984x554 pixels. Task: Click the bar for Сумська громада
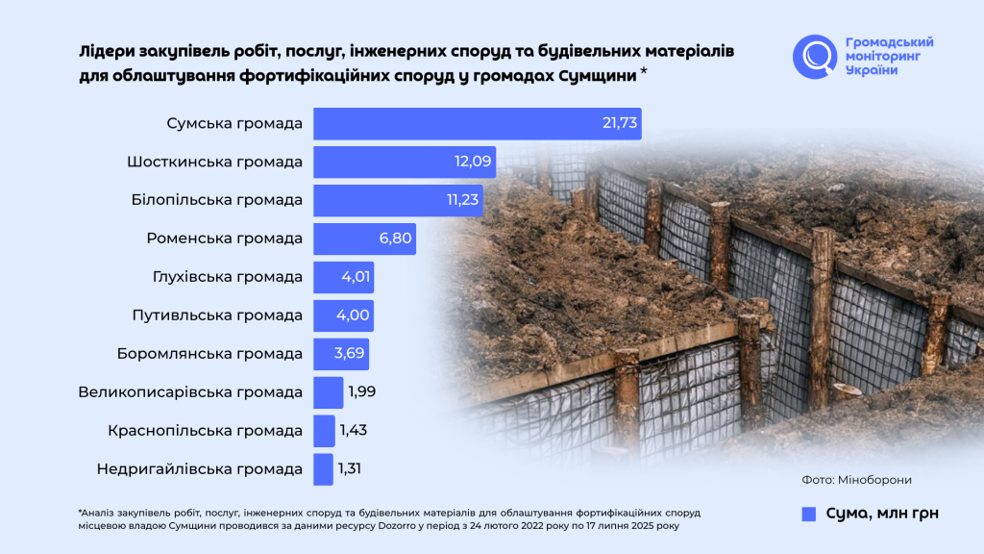[x=477, y=124]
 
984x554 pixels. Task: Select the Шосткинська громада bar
[x=404, y=163]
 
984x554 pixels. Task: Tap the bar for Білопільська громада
[x=398, y=200]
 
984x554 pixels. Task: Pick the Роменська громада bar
[x=364, y=239]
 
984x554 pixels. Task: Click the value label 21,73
[x=620, y=124]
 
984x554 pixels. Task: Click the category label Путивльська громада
[x=216, y=315]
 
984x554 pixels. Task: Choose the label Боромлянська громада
[x=209, y=354]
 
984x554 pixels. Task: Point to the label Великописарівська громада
[x=190, y=392]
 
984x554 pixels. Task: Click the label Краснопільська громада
[x=206, y=431]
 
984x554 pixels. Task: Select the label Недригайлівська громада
[x=200, y=469]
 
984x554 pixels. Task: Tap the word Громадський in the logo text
[x=889, y=42]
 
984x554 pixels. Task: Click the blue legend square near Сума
[x=808, y=514]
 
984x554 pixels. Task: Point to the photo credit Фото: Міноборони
[x=857, y=480]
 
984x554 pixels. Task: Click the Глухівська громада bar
[x=343, y=277]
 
